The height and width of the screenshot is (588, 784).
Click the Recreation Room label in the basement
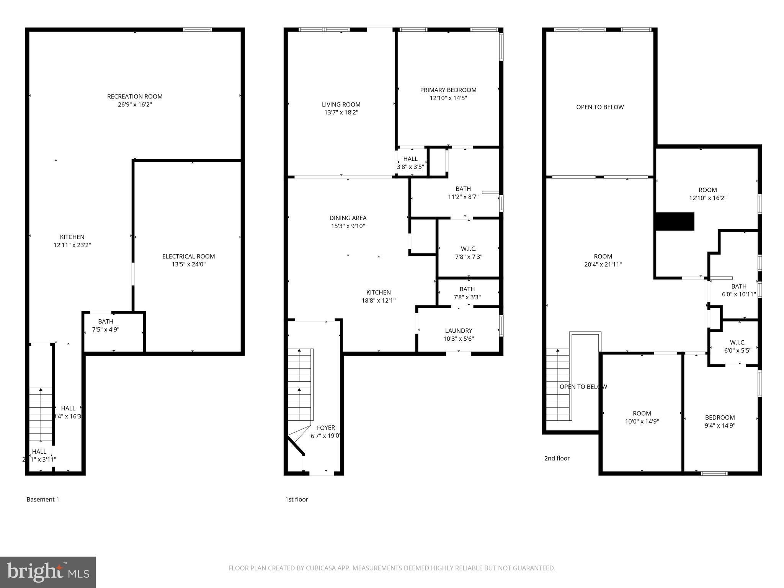point(135,96)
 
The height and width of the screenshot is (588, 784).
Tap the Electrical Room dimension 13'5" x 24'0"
point(189,265)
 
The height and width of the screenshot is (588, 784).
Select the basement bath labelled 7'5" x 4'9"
point(106,325)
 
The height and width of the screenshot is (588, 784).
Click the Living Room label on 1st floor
point(341,105)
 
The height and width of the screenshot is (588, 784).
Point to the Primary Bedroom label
point(448,90)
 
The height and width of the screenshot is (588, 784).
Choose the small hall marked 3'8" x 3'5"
point(410,163)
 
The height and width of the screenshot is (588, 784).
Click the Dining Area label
point(348,218)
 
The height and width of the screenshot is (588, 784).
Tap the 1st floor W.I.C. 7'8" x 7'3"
point(469,253)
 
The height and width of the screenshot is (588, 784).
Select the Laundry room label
point(459,331)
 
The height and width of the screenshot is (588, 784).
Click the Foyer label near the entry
point(326,428)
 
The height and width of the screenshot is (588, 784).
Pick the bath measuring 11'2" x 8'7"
point(463,193)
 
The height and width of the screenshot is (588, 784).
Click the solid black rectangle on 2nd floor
point(675,222)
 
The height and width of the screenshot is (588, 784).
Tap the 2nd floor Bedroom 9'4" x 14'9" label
point(720,418)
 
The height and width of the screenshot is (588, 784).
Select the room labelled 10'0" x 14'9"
point(642,417)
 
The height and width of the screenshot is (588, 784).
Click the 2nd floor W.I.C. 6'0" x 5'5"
point(738,346)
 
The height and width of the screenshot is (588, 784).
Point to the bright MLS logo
point(48,572)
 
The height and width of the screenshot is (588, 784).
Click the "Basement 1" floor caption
point(43,500)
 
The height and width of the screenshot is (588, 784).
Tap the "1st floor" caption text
point(296,500)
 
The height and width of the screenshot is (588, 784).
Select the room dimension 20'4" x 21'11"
point(603,265)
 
